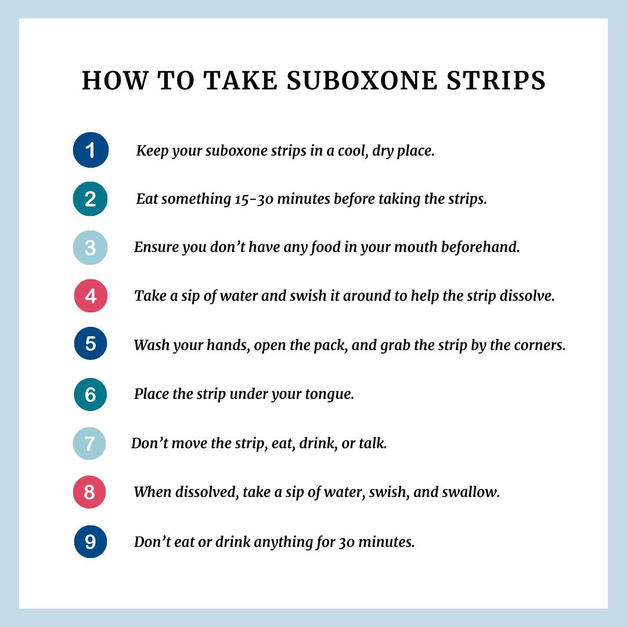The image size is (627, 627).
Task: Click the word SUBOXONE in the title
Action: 362,80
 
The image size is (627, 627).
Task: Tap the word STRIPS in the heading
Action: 496,80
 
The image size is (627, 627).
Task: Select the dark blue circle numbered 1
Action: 91,150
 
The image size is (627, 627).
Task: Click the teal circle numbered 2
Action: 91,199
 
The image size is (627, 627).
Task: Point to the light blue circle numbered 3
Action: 91,247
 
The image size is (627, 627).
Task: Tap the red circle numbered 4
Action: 91,296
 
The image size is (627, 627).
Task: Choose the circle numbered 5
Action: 91,344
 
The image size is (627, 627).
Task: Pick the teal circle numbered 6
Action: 91,394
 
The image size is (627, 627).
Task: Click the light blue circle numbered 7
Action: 89,444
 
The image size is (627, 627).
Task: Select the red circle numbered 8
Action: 89,492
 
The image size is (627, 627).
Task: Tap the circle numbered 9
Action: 91,542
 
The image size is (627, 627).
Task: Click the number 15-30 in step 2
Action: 254,199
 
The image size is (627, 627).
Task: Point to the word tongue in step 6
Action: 330,395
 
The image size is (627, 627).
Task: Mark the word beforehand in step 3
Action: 481,247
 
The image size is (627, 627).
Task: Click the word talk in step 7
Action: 373,442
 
